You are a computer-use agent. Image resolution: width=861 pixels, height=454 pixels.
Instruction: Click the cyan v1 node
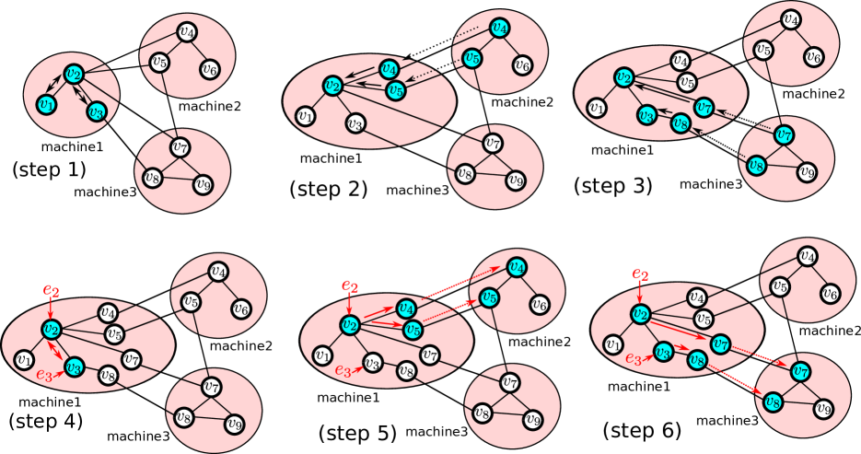pos(45,105)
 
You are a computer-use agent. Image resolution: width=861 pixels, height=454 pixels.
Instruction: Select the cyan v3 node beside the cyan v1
pos(95,111)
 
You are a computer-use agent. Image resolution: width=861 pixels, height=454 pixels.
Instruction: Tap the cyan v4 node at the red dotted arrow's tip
pos(518,267)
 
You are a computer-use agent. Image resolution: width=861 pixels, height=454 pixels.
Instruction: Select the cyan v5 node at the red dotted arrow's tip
pos(490,297)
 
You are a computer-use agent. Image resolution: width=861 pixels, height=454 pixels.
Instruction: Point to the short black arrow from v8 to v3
pos(663,119)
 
